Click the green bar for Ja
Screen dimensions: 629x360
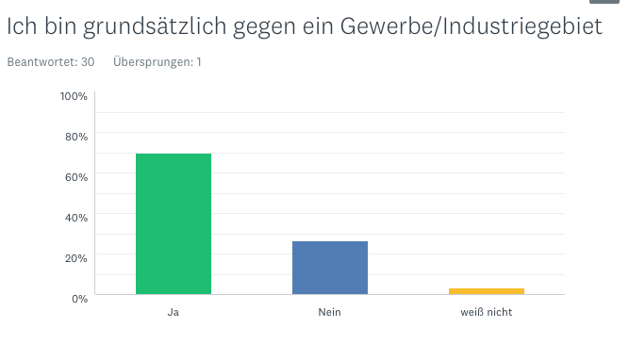point(174,223)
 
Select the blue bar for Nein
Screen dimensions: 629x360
point(330,268)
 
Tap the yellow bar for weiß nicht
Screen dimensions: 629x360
point(487,291)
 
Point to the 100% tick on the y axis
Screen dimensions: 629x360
point(74,96)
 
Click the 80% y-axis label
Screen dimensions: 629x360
point(76,137)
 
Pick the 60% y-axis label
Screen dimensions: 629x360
point(76,177)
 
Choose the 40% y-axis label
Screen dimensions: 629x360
point(76,218)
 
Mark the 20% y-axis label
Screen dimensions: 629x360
point(76,258)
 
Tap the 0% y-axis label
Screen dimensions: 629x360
point(79,299)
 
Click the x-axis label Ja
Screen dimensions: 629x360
point(174,312)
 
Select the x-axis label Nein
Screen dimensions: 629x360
point(329,312)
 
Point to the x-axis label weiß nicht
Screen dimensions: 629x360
point(487,312)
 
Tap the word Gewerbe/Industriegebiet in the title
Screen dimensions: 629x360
point(472,27)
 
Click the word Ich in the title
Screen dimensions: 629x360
point(22,26)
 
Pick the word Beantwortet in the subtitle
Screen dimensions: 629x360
point(42,62)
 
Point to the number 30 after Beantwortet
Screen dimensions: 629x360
point(88,62)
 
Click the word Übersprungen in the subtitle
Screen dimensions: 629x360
point(153,62)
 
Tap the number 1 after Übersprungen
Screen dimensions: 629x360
point(199,62)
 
